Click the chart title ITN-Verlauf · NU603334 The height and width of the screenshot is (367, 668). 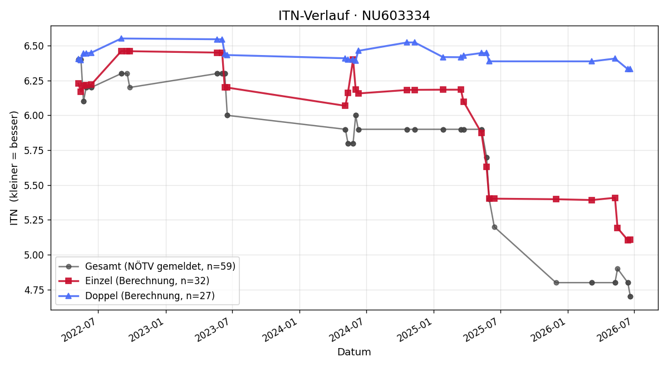[354, 16]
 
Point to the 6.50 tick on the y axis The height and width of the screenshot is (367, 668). [34, 46]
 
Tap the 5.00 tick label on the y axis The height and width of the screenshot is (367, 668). [34, 255]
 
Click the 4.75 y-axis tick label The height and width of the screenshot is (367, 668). [34, 290]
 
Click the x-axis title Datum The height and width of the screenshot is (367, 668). [354, 352]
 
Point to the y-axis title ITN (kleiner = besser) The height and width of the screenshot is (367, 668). [14, 168]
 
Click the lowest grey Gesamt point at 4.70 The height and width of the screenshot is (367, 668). [630, 297]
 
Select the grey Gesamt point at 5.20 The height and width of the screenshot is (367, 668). [494, 227]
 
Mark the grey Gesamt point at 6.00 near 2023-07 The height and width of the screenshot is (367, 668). [227, 116]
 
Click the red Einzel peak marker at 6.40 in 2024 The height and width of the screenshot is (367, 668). [353, 59]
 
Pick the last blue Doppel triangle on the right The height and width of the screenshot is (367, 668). [630, 69]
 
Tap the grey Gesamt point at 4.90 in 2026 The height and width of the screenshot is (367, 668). [617, 269]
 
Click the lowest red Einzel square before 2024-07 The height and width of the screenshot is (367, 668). [345, 106]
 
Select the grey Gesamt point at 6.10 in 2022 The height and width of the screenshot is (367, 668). [84, 102]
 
